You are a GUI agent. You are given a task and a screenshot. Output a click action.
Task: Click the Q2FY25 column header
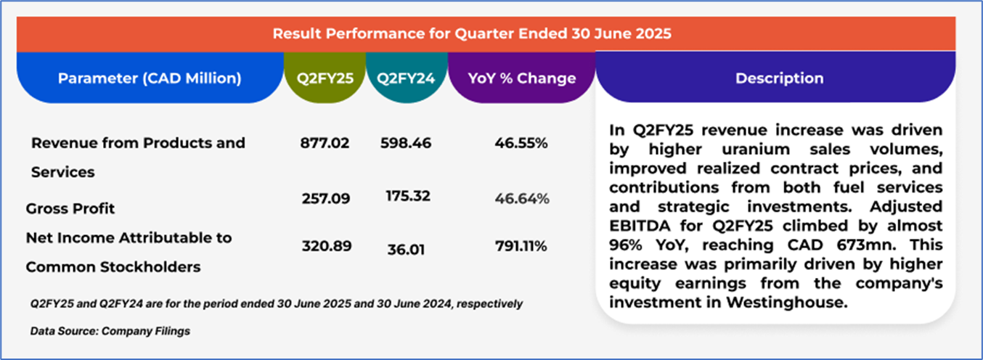(325, 78)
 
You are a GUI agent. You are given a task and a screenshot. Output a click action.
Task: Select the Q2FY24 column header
(406, 78)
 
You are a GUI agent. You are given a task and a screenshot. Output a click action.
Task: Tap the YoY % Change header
(521, 78)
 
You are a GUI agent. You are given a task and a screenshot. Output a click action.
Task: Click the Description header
(779, 78)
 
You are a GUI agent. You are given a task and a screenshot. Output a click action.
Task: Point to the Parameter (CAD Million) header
(150, 78)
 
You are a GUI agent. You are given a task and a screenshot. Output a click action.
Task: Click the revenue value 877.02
(325, 143)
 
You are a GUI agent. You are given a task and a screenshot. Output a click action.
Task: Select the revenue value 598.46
(406, 143)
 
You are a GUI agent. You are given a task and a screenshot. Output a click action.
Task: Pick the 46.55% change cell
(521, 143)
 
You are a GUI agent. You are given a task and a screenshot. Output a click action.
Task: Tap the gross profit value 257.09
(325, 197)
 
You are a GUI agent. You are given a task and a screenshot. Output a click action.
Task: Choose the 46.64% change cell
(521, 198)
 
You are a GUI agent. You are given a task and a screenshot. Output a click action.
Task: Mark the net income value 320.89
(327, 246)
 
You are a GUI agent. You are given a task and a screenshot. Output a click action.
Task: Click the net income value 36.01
(406, 250)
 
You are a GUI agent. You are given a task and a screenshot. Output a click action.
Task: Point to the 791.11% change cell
(521, 247)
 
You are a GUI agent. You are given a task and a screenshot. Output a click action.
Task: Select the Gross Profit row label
(70, 209)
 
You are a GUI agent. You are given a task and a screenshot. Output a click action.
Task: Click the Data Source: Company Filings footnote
(110, 331)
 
